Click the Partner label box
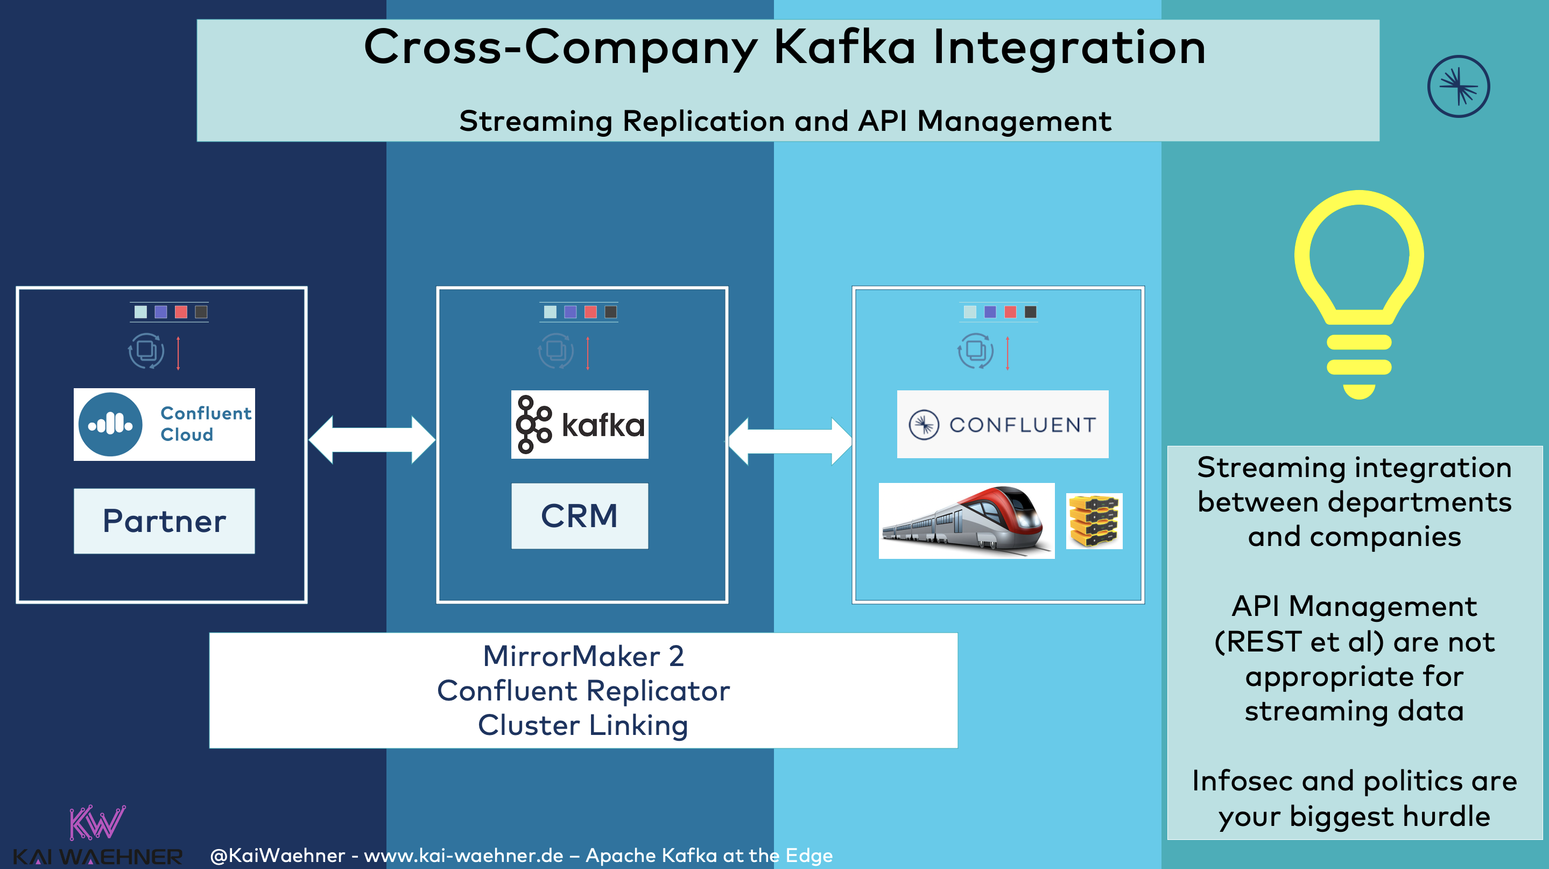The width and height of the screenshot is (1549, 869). point(164,521)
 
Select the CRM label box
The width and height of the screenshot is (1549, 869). point(579,516)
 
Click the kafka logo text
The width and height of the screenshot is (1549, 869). point(602,425)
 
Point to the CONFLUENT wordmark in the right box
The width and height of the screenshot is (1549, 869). point(1022,425)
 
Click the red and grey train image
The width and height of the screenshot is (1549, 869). point(966,521)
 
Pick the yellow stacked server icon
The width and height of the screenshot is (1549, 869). point(1094,521)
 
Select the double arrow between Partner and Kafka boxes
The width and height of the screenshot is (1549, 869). point(371,439)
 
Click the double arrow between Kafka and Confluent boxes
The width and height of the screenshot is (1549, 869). point(790,441)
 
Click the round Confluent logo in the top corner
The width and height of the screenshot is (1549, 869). point(1458,87)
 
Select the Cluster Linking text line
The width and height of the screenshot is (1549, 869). point(583,725)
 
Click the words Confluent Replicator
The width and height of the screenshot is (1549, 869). point(583,690)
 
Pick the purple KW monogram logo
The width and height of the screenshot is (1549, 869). point(97,822)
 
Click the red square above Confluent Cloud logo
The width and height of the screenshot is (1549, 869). point(181,312)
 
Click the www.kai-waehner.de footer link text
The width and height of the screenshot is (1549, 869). point(463,855)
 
